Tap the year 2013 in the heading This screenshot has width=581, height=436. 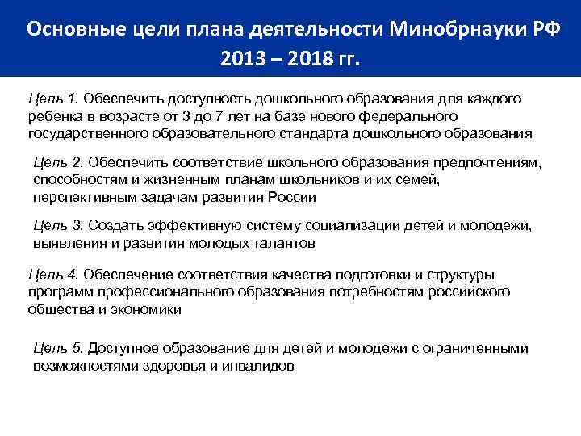[x=241, y=60]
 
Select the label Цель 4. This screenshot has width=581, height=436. [x=53, y=275]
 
